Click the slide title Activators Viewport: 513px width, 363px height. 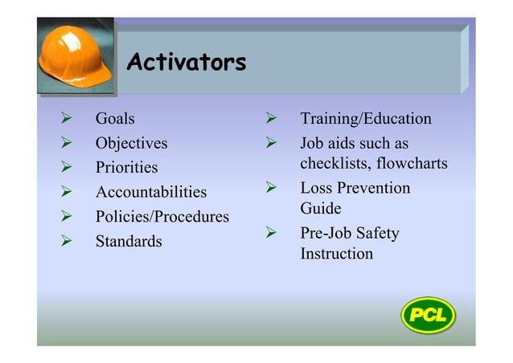186,62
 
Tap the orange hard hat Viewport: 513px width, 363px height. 76,55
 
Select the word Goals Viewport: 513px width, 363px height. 115,119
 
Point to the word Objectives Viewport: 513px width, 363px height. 131,144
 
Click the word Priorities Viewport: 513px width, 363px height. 126,168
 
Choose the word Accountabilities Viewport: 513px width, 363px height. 150,193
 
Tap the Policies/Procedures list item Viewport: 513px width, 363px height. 162,217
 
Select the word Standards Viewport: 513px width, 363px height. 129,241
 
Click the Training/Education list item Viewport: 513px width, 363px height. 365,119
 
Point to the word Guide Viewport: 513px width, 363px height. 320,209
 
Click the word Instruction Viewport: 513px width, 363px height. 336,254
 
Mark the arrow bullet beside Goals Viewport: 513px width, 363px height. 68,119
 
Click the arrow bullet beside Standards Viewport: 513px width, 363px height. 68,241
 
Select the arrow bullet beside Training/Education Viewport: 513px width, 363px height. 272,119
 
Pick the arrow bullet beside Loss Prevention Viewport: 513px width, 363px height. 272,189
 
